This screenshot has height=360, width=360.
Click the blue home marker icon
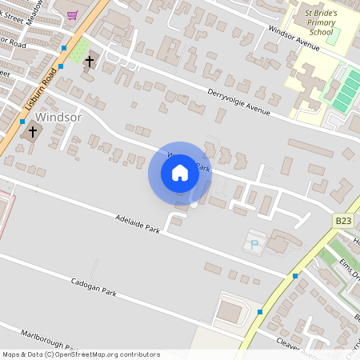click(180, 173)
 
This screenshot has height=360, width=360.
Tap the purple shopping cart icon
click(72, 14)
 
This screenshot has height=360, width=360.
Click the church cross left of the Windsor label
click(33, 131)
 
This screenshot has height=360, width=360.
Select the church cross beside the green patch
click(90, 61)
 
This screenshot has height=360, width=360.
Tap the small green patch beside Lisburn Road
click(78, 53)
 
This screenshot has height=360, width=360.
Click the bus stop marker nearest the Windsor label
click(22, 122)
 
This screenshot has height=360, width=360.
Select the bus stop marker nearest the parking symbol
click(295, 275)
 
